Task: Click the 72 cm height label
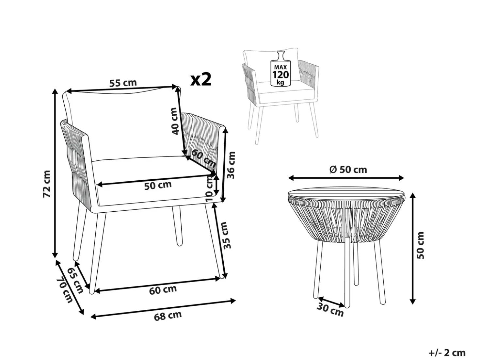(x=47, y=184)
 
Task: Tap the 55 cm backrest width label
(x=123, y=83)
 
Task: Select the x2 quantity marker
(x=201, y=80)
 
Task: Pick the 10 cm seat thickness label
(x=209, y=188)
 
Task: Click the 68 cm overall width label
(x=168, y=316)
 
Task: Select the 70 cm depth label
(x=64, y=290)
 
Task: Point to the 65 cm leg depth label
(x=75, y=280)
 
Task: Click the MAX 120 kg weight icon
(x=280, y=68)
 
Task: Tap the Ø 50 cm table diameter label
(x=348, y=170)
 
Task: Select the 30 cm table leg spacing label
(x=330, y=310)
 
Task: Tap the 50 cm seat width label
(x=158, y=185)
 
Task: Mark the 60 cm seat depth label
(x=203, y=158)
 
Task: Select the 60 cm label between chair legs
(x=163, y=290)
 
